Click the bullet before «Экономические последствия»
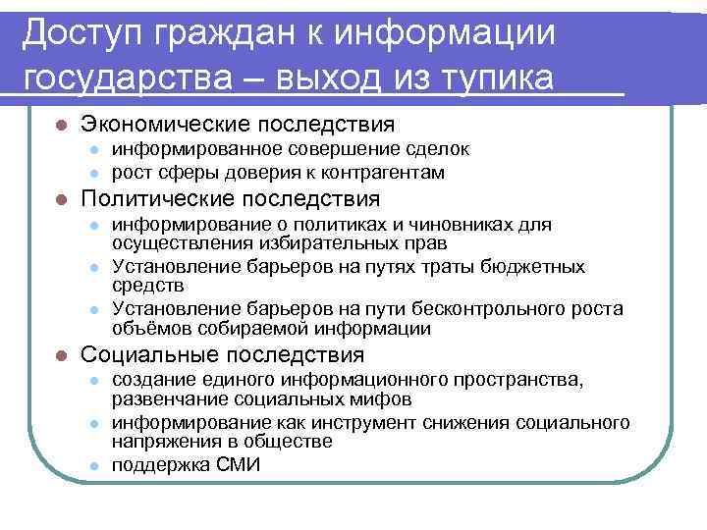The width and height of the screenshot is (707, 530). [60, 126]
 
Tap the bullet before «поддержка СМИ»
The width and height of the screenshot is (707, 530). [94, 466]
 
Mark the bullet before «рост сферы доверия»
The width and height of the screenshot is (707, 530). [94, 174]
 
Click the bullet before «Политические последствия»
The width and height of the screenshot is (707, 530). [60, 200]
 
